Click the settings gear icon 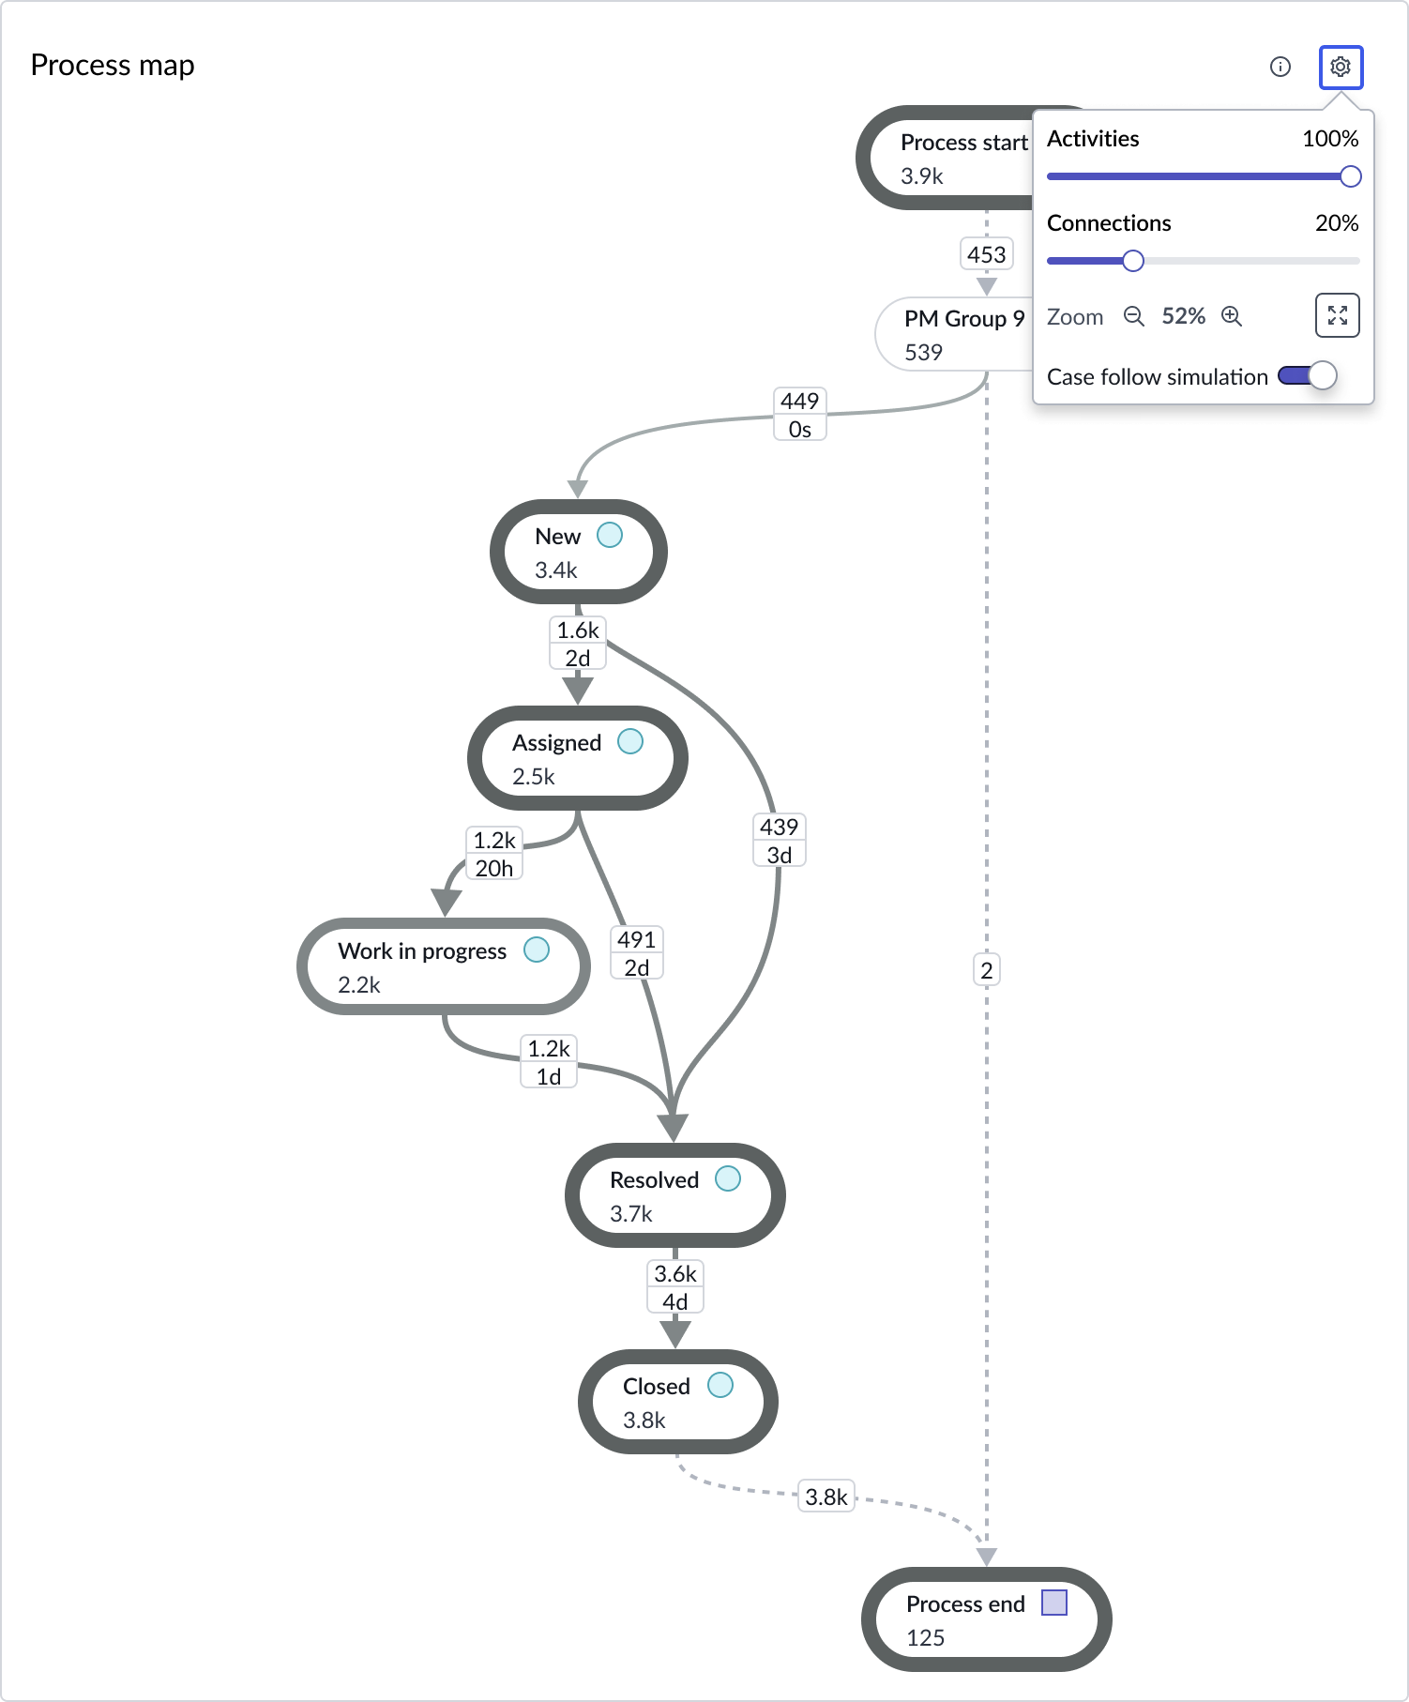tap(1341, 67)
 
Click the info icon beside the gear tap(1280, 67)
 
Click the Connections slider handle tap(1133, 261)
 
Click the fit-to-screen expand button tap(1337, 315)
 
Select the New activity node tap(578, 552)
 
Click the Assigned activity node tap(578, 758)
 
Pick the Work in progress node tap(443, 966)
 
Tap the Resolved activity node tap(674, 1195)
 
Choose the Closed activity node tap(677, 1402)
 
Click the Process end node tap(986, 1619)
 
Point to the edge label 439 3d tap(780, 841)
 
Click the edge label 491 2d tap(637, 953)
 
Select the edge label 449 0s tap(800, 415)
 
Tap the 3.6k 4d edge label tap(675, 1287)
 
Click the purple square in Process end tap(1054, 1603)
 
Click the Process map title tap(113, 65)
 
